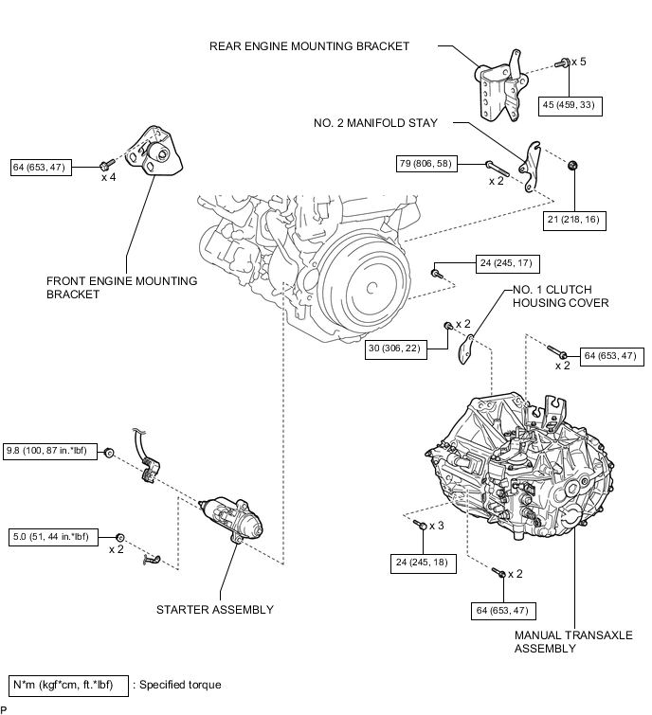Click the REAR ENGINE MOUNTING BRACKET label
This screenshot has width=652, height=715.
pos(309,45)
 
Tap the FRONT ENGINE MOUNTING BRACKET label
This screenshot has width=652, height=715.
pos(121,287)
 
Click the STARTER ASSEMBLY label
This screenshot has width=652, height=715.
pos(214,609)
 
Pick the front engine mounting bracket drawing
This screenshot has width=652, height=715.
pos(154,151)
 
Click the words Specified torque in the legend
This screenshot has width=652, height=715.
pos(180,685)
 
